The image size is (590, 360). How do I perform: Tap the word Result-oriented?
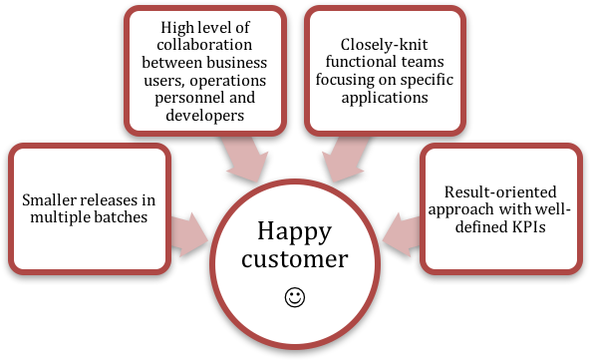pos(486,189)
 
